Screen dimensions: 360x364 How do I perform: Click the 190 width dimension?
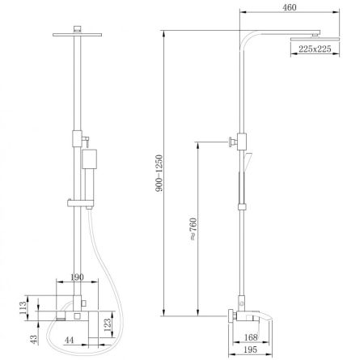point(78,277)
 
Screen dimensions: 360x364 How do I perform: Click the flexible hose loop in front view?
point(113,275)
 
